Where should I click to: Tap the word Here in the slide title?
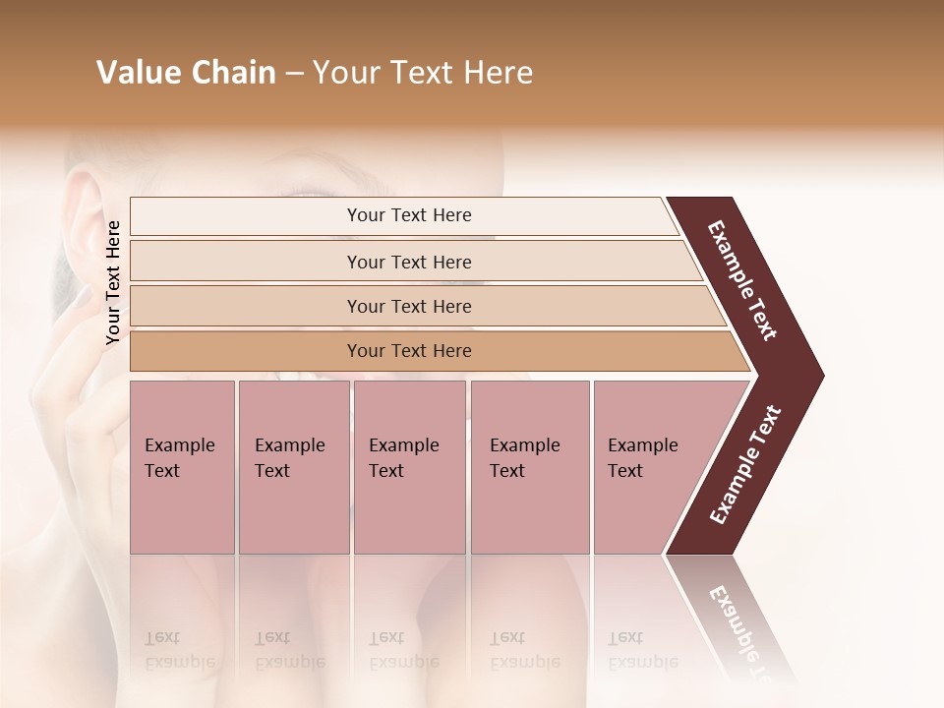coord(497,73)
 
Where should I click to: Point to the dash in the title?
coord(294,74)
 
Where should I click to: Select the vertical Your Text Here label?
coord(113,282)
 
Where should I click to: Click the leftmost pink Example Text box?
coord(182,466)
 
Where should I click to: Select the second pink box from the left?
coord(293,466)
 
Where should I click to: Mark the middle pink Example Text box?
coord(409,466)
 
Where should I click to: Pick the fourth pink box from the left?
coord(530,466)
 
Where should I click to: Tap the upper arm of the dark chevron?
coord(743,281)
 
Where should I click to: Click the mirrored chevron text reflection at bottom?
coord(737,619)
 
